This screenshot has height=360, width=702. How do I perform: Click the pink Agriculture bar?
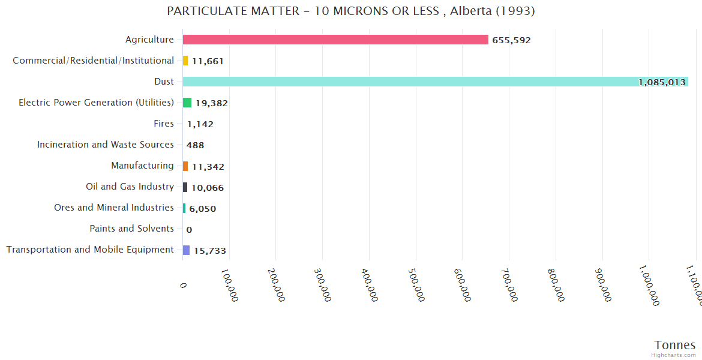tap(335, 40)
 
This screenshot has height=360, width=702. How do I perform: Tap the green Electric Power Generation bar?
tap(187, 103)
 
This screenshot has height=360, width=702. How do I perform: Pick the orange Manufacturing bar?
tap(185, 166)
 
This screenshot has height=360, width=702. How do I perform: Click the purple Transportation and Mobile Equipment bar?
tap(186, 250)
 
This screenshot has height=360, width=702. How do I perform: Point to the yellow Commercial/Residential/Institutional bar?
tap(185, 61)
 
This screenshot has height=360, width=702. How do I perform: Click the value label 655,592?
tap(511, 40)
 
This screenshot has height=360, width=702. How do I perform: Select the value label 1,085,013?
tap(662, 82)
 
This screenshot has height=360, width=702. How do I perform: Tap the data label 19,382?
tap(211, 103)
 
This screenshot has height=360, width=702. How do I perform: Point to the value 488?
tap(195, 145)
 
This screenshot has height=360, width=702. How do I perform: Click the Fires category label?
tap(164, 124)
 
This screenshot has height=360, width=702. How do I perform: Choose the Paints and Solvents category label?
tap(131, 229)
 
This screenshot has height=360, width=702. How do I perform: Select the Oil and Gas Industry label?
tap(130, 187)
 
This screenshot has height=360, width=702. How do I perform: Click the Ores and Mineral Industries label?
tap(114, 208)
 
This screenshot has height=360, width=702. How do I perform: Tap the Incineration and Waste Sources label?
tap(106, 145)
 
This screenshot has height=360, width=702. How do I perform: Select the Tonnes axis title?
tap(674, 345)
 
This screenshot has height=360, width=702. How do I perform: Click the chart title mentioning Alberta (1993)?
tap(351, 11)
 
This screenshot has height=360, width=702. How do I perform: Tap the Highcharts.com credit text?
tap(674, 355)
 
